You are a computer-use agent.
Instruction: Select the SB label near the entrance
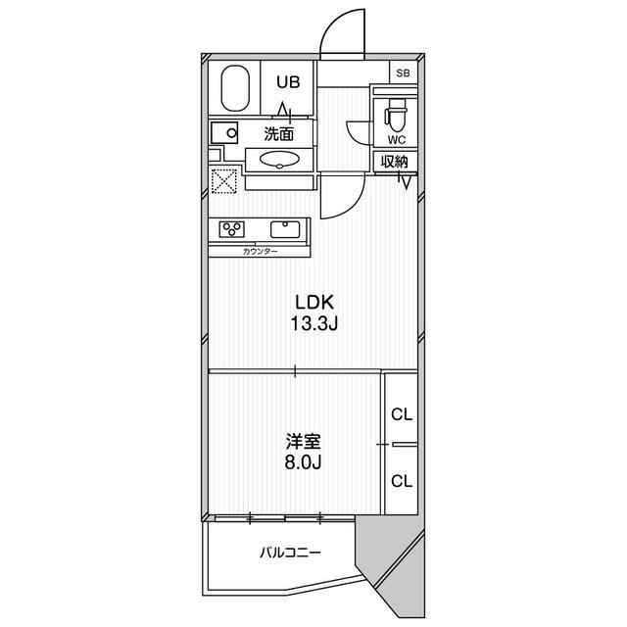[x=403, y=73]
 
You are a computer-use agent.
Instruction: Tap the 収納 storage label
[x=396, y=163]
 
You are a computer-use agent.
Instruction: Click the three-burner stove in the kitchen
[x=233, y=229]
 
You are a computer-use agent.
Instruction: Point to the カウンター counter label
[x=260, y=252]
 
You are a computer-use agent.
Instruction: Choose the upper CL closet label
[x=402, y=413]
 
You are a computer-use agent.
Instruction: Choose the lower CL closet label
[x=402, y=480]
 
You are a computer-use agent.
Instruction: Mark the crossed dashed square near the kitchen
[x=224, y=181]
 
